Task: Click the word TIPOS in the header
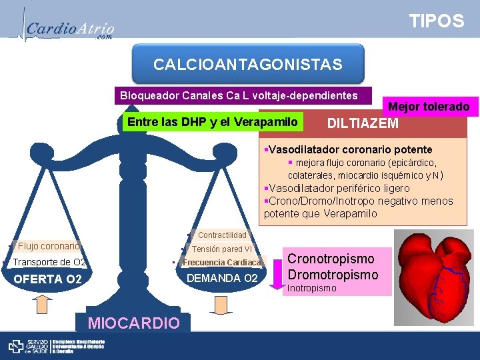tap(437, 21)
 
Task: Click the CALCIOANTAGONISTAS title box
tap(248, 65)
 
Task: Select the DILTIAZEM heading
tap(363, 123)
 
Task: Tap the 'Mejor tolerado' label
tap(429, 107)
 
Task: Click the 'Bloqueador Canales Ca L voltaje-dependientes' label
tap(239, 95)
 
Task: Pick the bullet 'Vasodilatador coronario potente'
tap(349, 149)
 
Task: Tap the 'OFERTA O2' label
tap(48, 279)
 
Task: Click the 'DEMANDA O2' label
tap(223, 277)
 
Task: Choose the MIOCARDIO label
tap(133, 323)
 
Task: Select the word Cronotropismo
tap(331, 259)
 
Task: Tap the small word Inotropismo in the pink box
tap(311, 289)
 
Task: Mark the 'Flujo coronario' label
tap(48, 246)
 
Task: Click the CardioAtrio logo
tap(67, 28)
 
